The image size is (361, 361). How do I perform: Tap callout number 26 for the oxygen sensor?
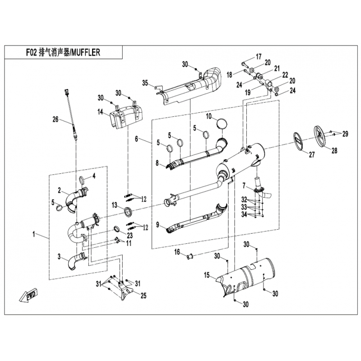pyautogui.click(x=56, y=120)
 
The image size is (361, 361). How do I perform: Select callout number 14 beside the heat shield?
pyautogui.click(x=100, y=112)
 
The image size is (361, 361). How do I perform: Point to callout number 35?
pyautogui.click(x=145, y=83)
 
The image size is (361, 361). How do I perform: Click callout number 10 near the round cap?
pyautogui.click(x=208, y=116)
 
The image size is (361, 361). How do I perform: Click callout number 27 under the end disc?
pyautogui.click(x=312, y=154)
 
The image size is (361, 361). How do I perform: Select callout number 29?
pyautogui.click(x=345, y=134)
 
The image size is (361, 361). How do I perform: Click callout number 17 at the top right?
pyautogui.click(x=259, y=56)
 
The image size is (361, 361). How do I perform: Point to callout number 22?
pyautogui.click(x=285, y=74)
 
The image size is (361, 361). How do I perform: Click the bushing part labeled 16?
pyautogui.click(x=190, y=256)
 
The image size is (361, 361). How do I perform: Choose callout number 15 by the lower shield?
pyautogui.click(x=207, y=275)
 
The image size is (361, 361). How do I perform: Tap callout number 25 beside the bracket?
pyautogui.click(x=143, y=296)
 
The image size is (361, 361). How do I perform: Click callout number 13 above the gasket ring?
pyautogui.click(x=115, y=205)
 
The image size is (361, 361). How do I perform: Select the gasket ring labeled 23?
pyautogui.click(x=118, y=229)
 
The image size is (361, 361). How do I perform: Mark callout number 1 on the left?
pyautogui.click(x=34, y=234)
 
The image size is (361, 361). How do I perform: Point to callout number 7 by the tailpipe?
pyautogui.click(x=244, y=185)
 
